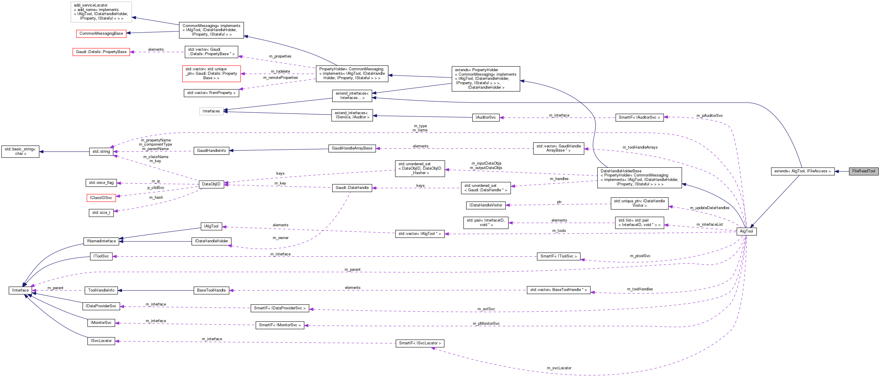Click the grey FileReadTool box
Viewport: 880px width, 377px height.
(863, 171)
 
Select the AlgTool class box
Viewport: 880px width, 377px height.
(746, 231)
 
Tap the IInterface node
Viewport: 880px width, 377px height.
(20, 290)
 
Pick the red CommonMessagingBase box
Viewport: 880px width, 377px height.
(101, 34)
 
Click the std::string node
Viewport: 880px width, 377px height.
(101, 152)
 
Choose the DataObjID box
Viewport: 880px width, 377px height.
(211, 184)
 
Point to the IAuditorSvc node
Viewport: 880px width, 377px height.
(486, 117)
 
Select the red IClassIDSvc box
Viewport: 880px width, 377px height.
(101, 198)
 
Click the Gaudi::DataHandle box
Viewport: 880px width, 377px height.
(352, 188)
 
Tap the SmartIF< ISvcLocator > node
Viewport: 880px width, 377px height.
(420, 343)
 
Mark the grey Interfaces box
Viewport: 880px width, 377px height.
(211, 111)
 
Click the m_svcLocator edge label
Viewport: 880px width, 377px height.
(559, 368)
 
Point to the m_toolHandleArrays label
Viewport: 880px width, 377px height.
(640, 147)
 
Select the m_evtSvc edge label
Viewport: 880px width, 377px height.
(486, 309)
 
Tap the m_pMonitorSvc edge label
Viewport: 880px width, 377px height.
(486, 323)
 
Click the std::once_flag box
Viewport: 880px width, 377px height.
(101, 183)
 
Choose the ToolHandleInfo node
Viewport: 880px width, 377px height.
(101, 290)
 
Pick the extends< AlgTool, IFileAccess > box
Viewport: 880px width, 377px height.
(803, 171)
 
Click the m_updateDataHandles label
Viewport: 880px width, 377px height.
(710, 208)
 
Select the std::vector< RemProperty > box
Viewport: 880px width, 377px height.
(211, 93)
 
